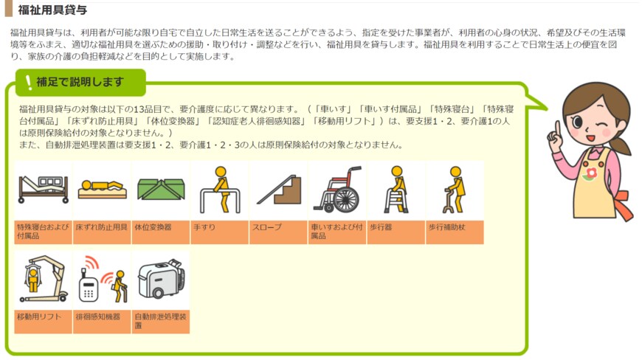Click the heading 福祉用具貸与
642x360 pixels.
52,10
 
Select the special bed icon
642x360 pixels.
43,190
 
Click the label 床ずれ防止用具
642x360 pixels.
101,227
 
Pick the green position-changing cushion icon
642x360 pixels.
160,190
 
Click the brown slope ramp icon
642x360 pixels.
277,190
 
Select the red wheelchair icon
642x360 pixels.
336,190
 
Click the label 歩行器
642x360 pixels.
380,227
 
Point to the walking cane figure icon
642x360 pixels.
455,190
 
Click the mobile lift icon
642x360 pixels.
43,280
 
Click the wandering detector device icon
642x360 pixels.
101,280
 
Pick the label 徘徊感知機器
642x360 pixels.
97,316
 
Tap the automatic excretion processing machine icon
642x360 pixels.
160,280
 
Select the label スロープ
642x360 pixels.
266,227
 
